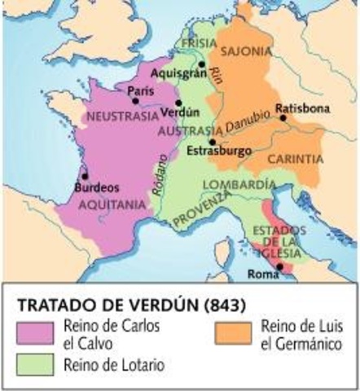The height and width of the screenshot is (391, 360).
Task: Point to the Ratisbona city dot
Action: click(283, 118)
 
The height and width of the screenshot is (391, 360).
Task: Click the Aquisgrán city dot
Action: click(202, 64)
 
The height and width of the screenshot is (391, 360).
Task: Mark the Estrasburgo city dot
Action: click(213, 141)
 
